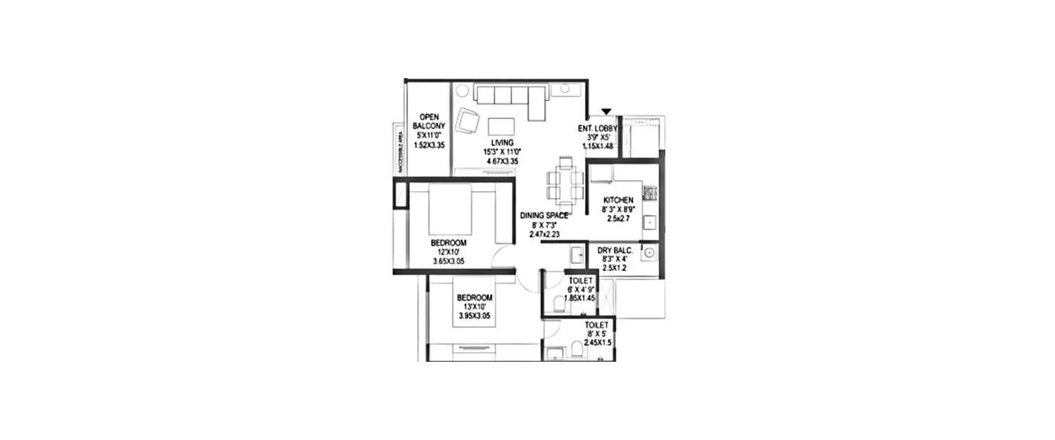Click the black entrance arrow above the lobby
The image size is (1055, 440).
coord(606,111)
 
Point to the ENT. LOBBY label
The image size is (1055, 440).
coord(599,129)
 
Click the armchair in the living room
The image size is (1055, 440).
coord(468,121)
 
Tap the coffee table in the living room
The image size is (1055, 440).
coord(500,125)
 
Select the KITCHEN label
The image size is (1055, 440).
coord(618,201)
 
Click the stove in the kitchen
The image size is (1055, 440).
coord(651,191)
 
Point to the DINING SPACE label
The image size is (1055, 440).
coord(544,215)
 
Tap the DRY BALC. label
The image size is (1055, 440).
coord(615,251)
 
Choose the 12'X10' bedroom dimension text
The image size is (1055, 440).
coord(449,252)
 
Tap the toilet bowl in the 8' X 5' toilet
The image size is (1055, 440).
coord(577,349)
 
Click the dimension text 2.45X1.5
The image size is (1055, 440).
coord(598,342)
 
